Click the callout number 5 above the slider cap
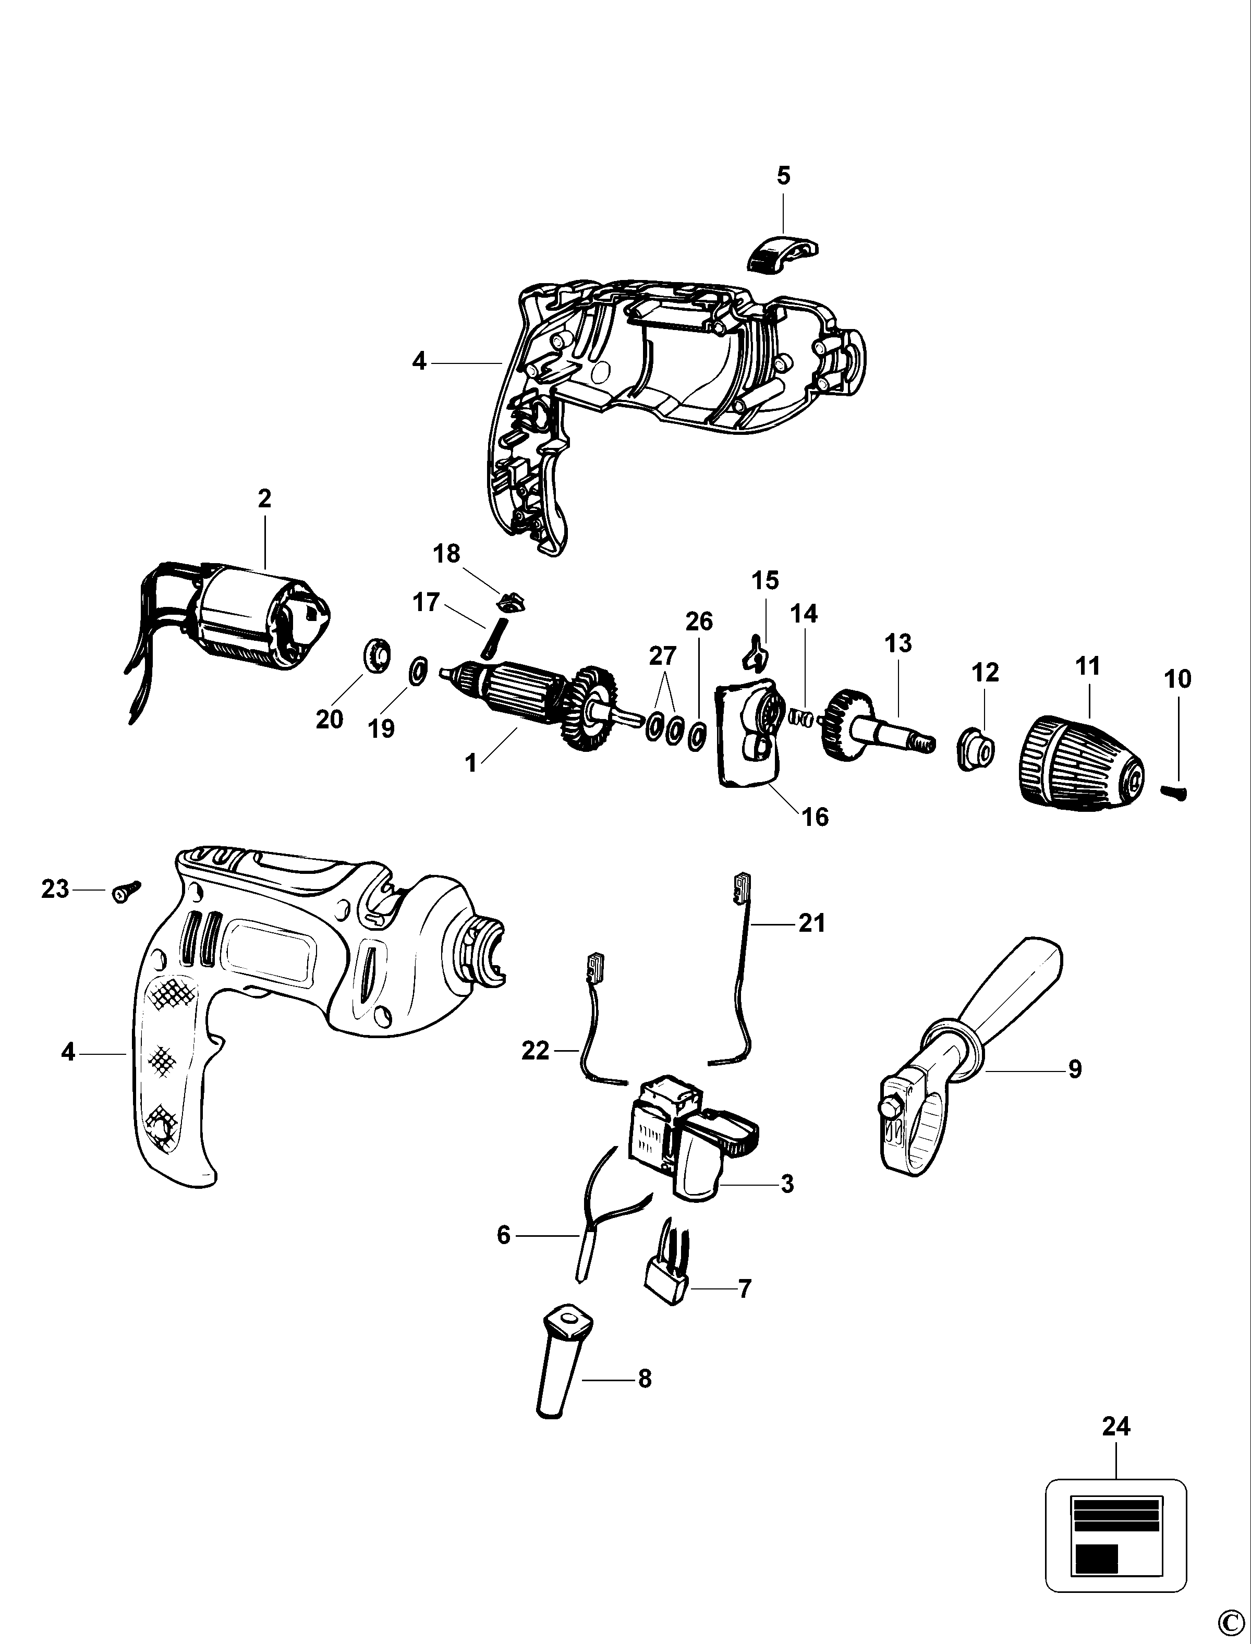783,176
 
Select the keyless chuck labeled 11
1084,760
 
